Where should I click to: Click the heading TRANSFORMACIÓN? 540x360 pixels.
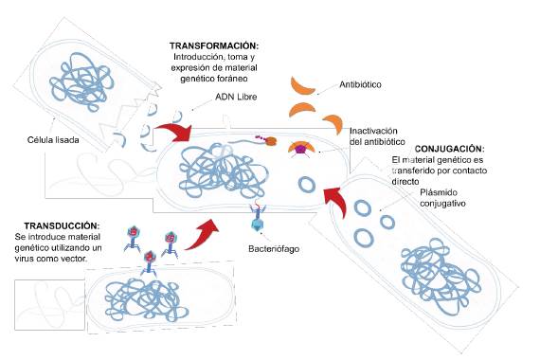pos(213,45)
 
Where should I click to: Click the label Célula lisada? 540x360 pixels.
pos(53,141)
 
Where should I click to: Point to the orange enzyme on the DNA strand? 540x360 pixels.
pos(270,142)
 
